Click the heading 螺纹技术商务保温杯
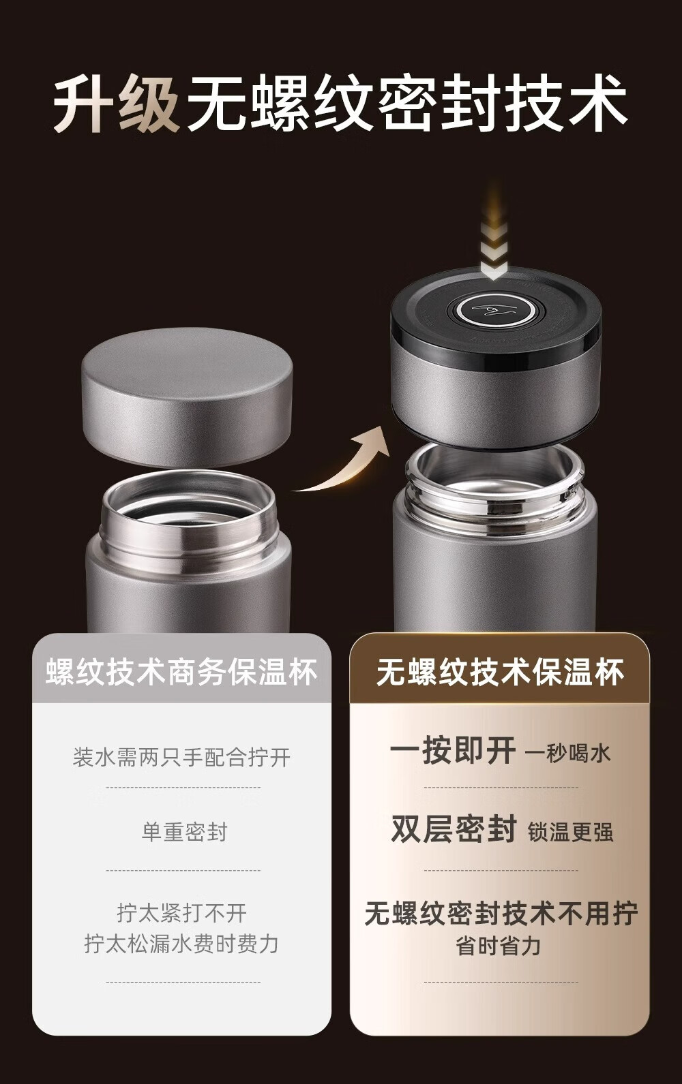181,672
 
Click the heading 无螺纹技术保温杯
500,672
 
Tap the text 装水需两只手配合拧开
181,758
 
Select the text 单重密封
183,832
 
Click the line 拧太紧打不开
182,913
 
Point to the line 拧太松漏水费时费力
181,944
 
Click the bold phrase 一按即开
453,751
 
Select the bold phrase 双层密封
454,829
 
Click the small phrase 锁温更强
571,833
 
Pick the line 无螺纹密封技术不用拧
501,914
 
